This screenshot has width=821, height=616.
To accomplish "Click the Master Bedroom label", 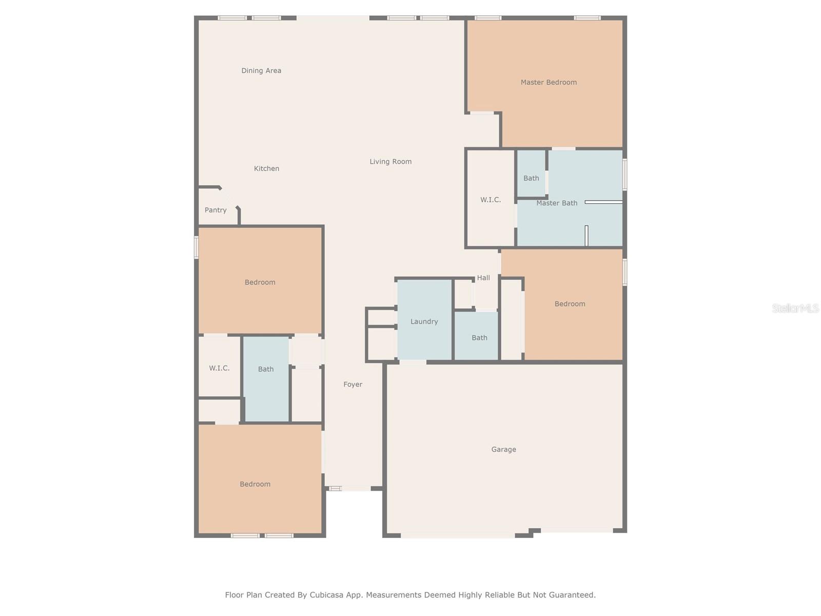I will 549,82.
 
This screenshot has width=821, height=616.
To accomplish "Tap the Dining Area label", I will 261,71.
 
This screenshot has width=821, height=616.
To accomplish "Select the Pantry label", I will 216,210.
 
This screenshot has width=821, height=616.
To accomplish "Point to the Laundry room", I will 424,321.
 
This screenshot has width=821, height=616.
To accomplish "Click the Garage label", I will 503,449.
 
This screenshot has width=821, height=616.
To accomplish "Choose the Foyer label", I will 353,384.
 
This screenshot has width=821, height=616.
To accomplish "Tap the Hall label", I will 483,278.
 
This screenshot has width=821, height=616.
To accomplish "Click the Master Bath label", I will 557,203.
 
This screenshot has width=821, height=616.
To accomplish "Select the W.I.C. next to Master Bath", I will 491,200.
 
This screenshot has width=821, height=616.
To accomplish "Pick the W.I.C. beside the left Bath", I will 219,368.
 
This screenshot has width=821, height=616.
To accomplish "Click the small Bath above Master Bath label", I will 531,178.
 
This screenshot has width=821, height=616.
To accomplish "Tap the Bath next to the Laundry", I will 479,338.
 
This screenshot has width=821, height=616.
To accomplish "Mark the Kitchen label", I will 266,168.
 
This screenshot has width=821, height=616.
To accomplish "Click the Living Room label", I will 390,162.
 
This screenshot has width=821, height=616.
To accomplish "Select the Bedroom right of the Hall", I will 570,304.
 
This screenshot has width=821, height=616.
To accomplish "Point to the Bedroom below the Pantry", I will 260,282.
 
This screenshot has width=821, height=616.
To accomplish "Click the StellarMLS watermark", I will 795,308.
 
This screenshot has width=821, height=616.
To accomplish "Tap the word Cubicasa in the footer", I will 329,595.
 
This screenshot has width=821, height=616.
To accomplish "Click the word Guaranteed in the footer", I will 571,595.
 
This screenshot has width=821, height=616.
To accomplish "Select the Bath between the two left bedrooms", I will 266,369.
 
